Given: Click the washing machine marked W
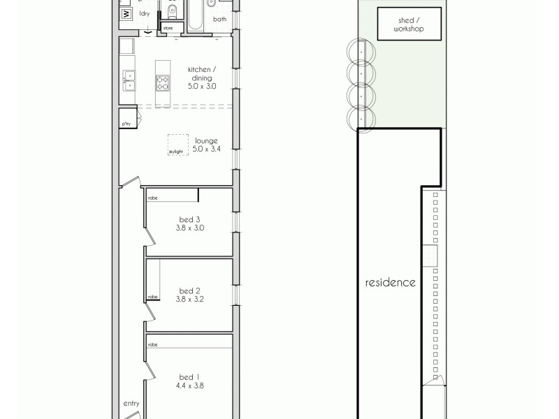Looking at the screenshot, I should [x=126, y=14].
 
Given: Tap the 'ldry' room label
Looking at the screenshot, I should [x=145, y=13].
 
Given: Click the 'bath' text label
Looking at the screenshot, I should [x=220, y=20].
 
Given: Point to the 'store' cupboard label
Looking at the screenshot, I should [x=168, y=27].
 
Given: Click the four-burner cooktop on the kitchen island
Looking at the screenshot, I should [x=162, y=82].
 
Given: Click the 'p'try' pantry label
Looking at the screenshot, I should [x=126, y=124].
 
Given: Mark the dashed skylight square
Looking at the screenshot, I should [x=177, y=145].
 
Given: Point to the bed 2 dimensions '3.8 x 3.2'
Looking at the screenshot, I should [x=190, y=299].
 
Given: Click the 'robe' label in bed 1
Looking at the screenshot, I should [x=152, y=344].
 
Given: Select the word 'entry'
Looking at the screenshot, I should [x=131, y=403].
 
